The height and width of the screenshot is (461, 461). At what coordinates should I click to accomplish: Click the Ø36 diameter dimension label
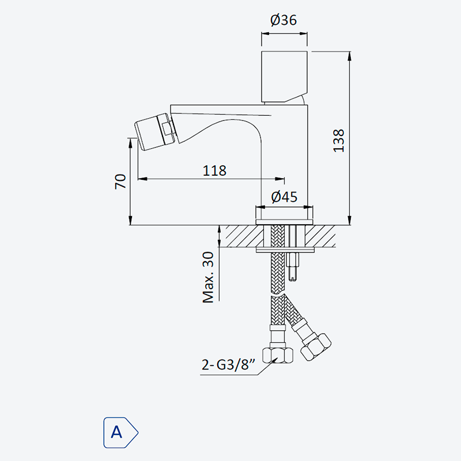(x=284, y=20)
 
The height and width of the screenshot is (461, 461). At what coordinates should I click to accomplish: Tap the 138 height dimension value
(x=339, y=141)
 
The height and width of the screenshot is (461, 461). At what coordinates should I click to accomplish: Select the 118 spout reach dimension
(x=214, y=171)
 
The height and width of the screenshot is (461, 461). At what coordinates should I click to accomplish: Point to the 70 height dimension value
(x=120, y=182)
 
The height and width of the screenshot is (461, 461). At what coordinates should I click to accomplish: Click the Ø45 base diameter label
(x=284, y=197)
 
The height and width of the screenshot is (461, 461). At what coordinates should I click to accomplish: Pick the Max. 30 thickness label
(x=208, y=277)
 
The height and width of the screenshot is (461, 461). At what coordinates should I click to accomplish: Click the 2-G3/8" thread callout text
(x=228, y=365)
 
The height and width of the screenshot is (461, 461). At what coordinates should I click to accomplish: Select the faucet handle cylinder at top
(x=284, y=77)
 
